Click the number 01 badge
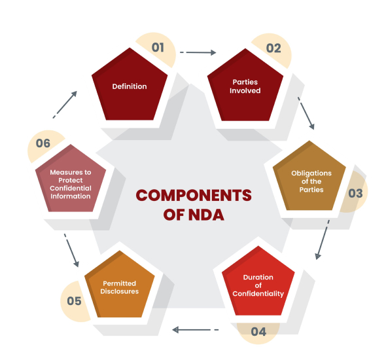point(158,47)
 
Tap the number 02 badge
point(273,48)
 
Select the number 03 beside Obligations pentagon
point(355,193)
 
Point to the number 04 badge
point(258,332)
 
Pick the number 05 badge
point(74,301)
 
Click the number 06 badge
point(43,143)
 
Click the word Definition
point(130,86)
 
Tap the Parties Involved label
point(245,86)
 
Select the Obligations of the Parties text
point(311,181)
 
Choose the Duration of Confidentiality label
point(258,285)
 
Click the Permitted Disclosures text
point(119,287)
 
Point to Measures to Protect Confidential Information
point(71,184)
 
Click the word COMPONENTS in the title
point(194,196)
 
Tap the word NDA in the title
point(206,215)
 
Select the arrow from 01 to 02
point(198,52)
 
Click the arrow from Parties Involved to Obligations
point(306,113)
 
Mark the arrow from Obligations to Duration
point(323,240)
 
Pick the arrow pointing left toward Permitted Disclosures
point(195,330)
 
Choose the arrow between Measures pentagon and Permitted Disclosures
point(71,250)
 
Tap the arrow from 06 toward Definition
point(65,105)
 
